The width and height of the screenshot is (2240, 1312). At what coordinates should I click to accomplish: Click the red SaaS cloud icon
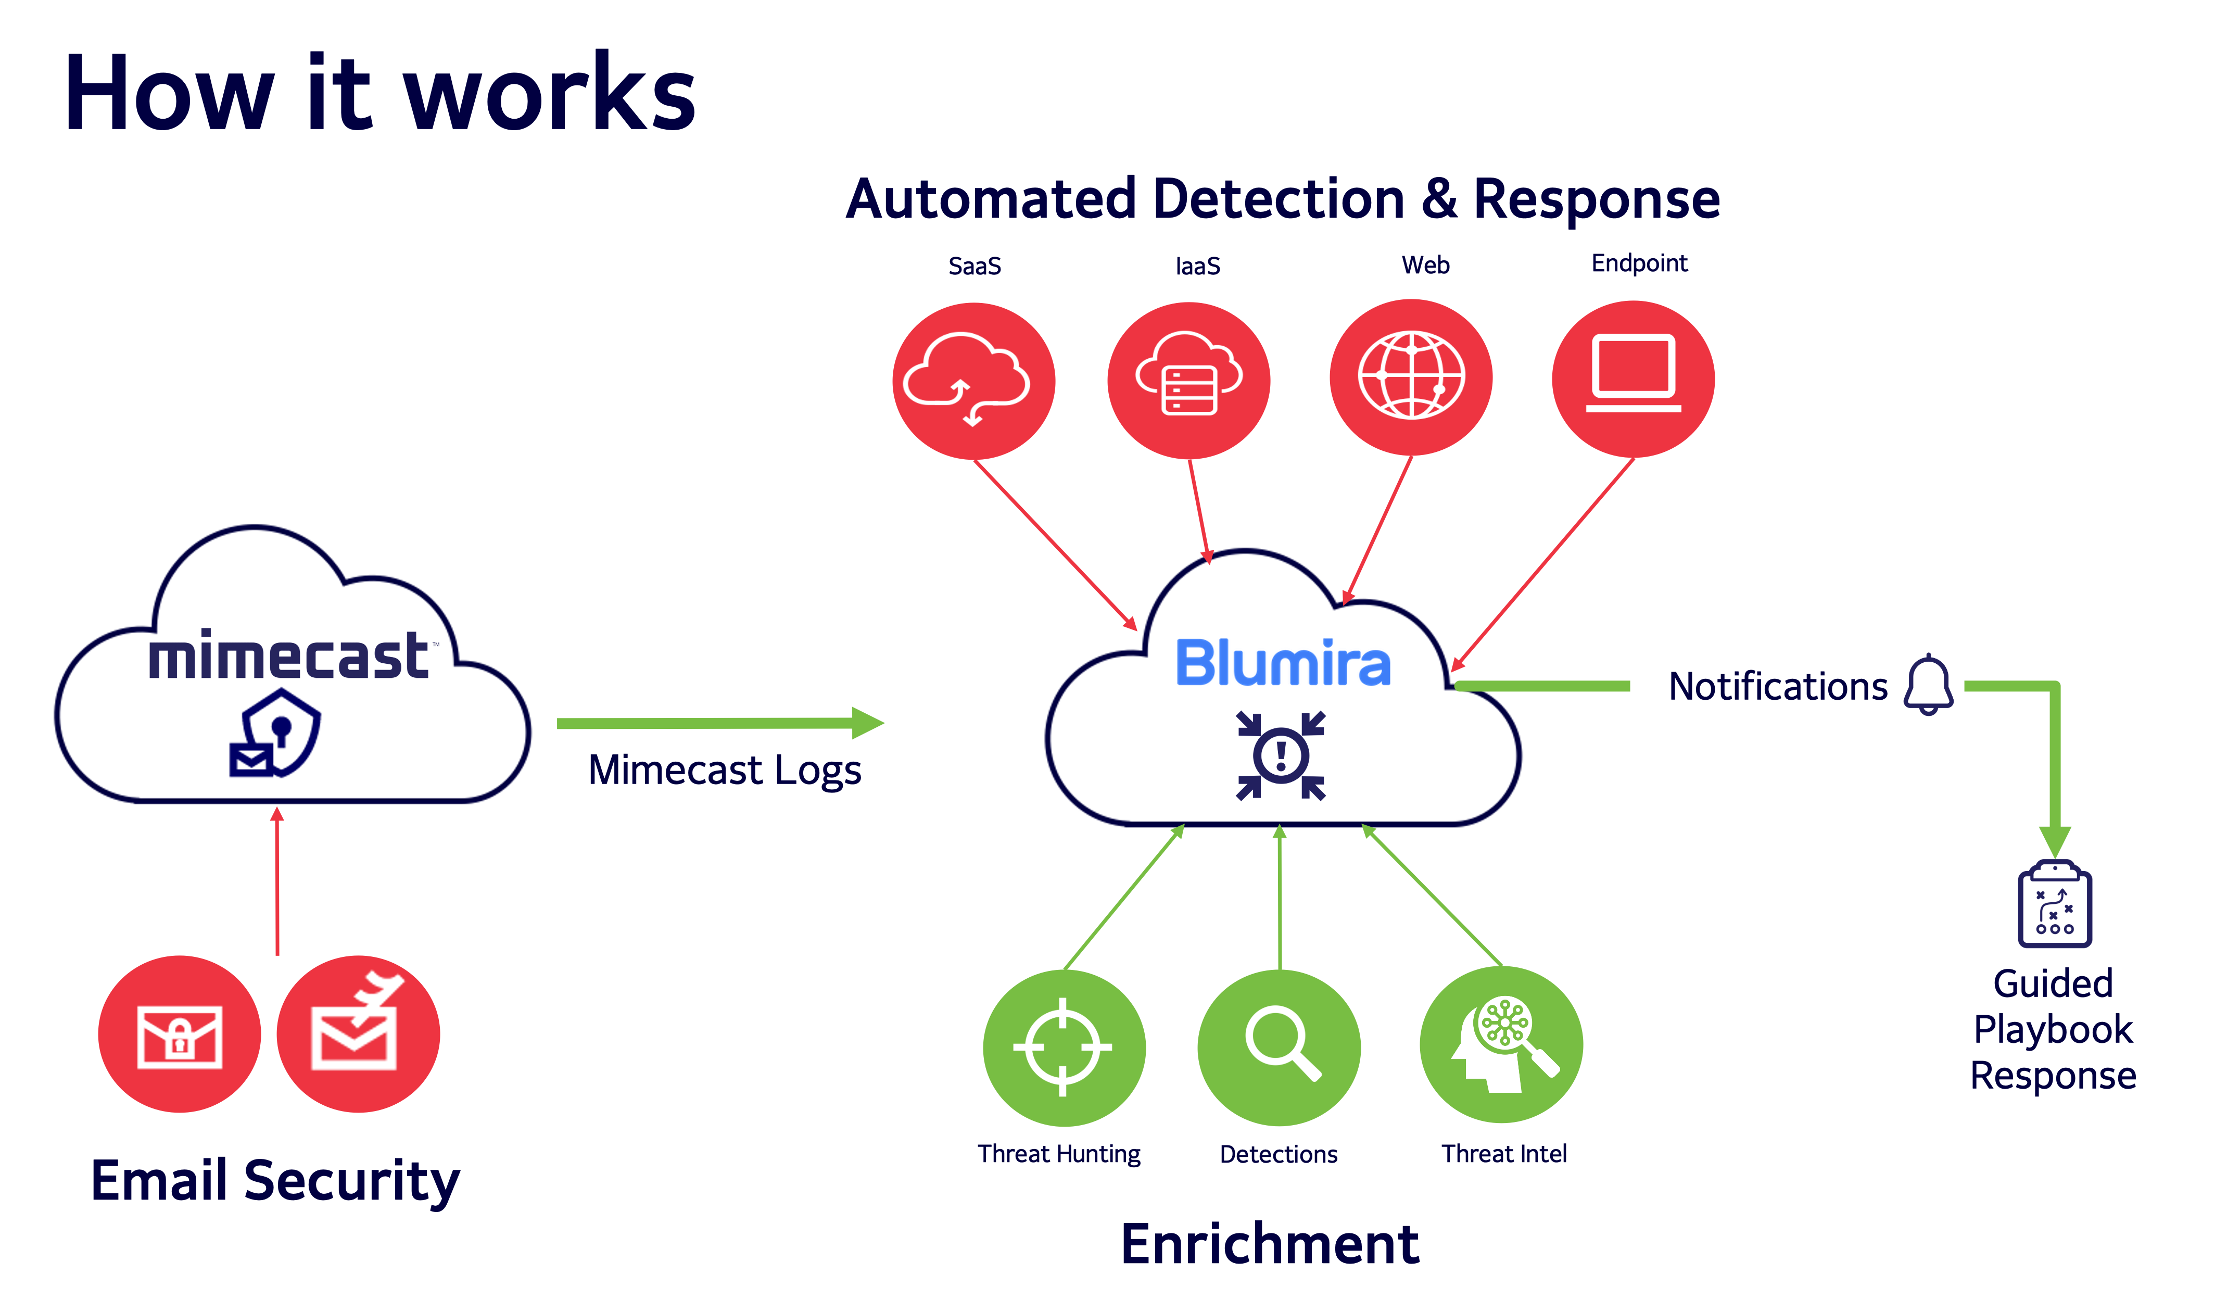(973, 381)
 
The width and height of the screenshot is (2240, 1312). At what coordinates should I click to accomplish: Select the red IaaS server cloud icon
(1188, 381)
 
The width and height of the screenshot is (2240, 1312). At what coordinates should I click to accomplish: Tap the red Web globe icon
(1411, 377)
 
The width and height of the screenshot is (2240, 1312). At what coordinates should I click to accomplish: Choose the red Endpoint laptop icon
(1633, 379)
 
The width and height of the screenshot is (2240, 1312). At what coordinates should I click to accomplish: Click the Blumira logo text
(1283, 663)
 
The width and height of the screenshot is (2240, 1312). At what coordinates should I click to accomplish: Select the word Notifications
(1778, 686)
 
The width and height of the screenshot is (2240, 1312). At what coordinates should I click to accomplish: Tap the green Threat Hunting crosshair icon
(1063, 1047)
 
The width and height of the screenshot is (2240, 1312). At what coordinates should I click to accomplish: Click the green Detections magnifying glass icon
(1279, 1047)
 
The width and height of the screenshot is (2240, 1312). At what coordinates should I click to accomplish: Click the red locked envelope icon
(180, 1035)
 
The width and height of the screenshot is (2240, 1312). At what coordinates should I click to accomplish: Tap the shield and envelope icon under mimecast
(275, 734)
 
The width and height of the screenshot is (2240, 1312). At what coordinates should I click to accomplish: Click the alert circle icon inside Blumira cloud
(1281, 755)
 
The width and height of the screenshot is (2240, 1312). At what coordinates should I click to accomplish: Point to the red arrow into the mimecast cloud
(277, 880)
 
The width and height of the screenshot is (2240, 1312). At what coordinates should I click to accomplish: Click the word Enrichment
(1269, 1244)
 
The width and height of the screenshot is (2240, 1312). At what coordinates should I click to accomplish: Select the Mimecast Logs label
(725, 770)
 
